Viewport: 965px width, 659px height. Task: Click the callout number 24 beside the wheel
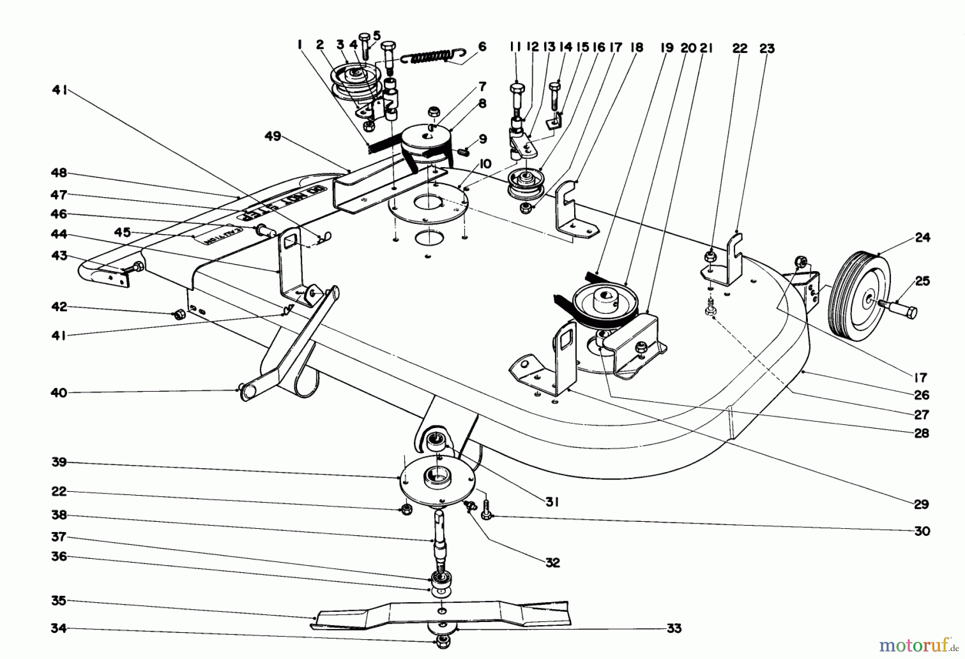point(922,237)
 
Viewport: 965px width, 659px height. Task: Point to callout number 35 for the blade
point(59,601)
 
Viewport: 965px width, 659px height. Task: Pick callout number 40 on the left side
point(59,393)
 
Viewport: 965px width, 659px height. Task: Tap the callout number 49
point(273,137)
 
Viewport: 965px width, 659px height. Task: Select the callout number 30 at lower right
point(922,531)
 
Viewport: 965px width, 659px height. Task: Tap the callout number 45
point(123,232)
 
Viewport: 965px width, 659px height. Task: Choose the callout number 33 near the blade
point(674,628)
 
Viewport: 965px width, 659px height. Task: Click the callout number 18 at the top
point(636,48)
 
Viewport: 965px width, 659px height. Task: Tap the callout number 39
point(59,462)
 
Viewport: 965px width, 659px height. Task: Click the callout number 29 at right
point(922,504)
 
